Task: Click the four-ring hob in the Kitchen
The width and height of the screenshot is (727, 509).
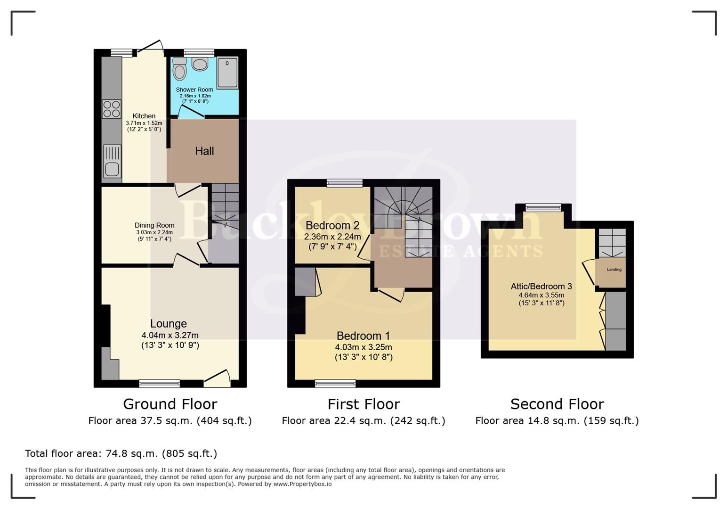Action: pyautogui.click(x=112, y=109)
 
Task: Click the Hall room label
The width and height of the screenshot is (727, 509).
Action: pyautogui.click(x=204, y=151)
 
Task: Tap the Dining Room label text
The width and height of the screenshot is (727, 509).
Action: pyautogui.click(x=154, y=225)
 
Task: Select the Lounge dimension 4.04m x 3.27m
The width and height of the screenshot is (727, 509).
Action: pyautogui.click(x=170, y=335)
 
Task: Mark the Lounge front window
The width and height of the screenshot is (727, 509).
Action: pyautogui.click(x=160, y=383)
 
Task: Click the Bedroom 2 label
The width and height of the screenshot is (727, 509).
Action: pyautogui.click(x=332, y=225)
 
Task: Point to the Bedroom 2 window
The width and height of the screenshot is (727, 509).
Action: pyautogui.click(x=345, y=183)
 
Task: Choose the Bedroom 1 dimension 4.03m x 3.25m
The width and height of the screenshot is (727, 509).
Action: pyautogui.click(x=363, y=347)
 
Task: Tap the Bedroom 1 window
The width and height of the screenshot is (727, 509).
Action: pyautogui.click(x=335, y=383)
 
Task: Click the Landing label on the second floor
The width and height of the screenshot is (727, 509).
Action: pyautogui.click(x=614, y=270)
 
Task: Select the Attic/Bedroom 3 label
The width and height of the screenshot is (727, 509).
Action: pyautogui.click(x=541, y=286)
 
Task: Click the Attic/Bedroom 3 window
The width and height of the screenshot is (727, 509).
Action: pyautogui.click(x=543, y=207)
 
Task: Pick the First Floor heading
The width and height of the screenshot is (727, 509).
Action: pyautogui.click(x=363, y=404)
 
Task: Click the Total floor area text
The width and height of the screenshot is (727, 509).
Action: pyautogui.click(x=121, y=453)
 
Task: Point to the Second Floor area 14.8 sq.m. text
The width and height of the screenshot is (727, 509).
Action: pyautogui.click(x=557, y=420)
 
